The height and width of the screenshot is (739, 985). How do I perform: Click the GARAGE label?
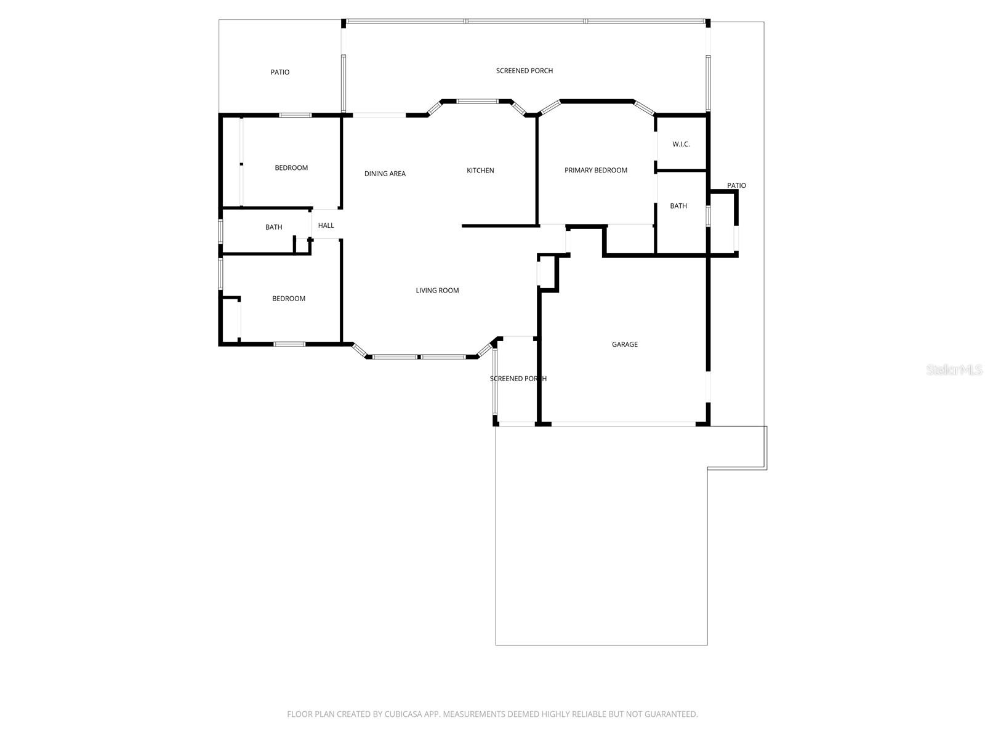tap(624, 344)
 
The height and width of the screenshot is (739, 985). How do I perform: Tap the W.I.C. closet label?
tap(681, 144)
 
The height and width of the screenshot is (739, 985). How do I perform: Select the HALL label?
tap(326, 225)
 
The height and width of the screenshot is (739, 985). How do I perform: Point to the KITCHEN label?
tap(480, 171)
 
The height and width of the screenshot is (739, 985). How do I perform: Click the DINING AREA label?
tap(385, 174)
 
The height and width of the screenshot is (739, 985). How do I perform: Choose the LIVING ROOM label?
tap(437, 291)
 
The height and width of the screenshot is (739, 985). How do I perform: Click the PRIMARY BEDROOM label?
tap(595, 171)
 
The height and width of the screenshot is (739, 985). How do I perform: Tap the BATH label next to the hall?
tap(273, 227)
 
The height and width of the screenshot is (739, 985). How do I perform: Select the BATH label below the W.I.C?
tap(678, 206)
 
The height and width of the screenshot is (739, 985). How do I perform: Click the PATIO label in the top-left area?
tap(279, 72)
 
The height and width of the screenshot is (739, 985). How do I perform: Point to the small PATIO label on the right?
tap(736, 185)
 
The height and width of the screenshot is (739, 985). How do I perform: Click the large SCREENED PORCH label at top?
tap(525, 71)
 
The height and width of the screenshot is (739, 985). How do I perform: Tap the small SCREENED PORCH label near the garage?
tap(518, 379)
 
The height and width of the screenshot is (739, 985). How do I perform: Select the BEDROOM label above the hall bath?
tap(291, 168)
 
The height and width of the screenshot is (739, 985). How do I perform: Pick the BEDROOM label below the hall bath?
tap(289, 299)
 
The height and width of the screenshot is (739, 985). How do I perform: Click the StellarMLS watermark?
tap(954, 369)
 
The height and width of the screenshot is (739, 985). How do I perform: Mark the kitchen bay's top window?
tap(477, 100)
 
